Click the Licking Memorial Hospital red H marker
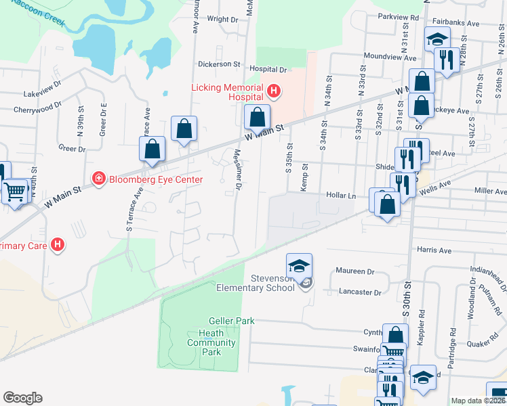tap(274, 91)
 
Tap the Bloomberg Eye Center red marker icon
tap(98, 179)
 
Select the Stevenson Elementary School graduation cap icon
tap(299, 265)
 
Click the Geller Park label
tap(231, 321)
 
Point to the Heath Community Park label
tap(211, 342)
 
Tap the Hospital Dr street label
tap(268, 69)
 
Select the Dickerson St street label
tap(219, 64)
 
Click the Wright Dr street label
tap(222, 20)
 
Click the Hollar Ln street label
tap(342, 196)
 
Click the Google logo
tap(23, 398)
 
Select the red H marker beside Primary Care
tap(58, 245)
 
